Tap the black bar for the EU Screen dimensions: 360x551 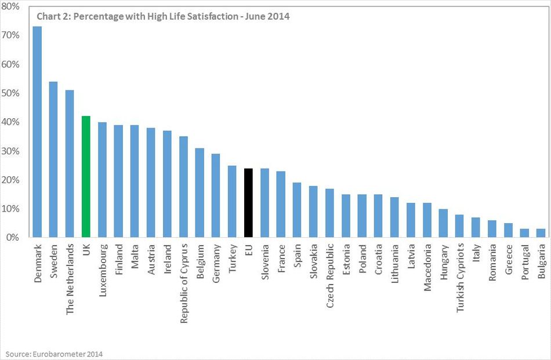[248, 203]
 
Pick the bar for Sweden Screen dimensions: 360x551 [53, 159]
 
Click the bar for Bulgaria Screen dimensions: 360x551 [541, 233]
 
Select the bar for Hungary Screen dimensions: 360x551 [443, 223]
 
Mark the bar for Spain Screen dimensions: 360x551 [297, 210]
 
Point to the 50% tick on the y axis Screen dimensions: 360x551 [13, 93]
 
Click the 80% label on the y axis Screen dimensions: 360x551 [13, 7]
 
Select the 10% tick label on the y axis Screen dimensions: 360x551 [13, 209]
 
